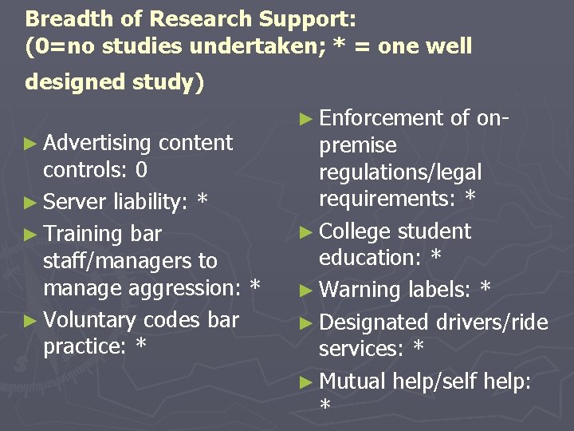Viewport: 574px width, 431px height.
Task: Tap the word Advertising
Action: pos(99,143)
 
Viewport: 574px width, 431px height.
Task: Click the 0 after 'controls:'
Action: pos(141,170)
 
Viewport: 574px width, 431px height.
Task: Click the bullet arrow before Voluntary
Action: pos(31,320)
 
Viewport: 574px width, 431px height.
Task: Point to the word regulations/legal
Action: pos(400,172)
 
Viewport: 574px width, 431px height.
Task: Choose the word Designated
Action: pos(374,322)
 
